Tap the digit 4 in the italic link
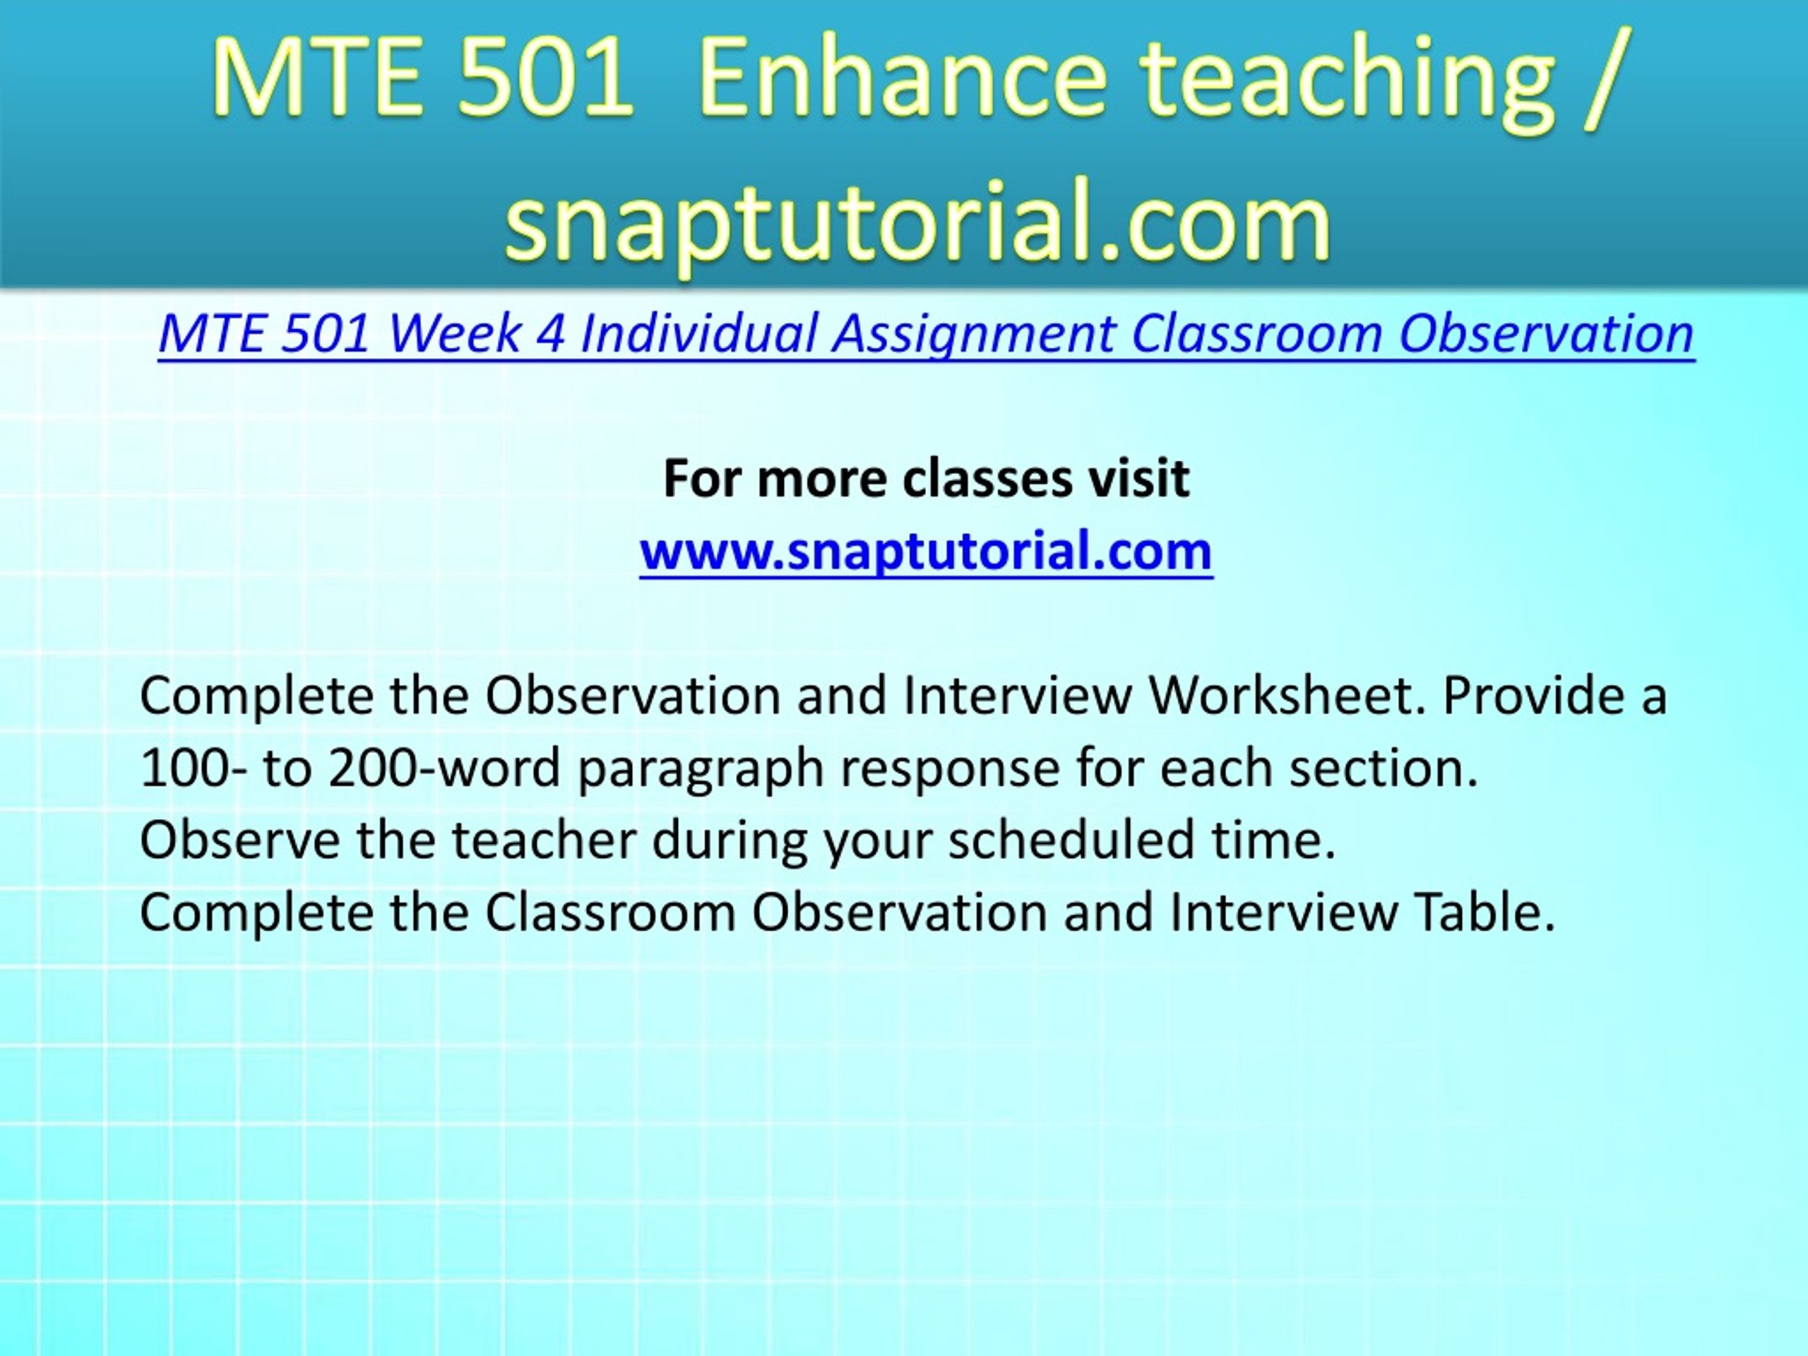click(x=550, y=334)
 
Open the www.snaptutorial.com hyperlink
click(x=926, y=551)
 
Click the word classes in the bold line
click(x=987, y=478)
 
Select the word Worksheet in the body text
click(x=1287, y=696)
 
